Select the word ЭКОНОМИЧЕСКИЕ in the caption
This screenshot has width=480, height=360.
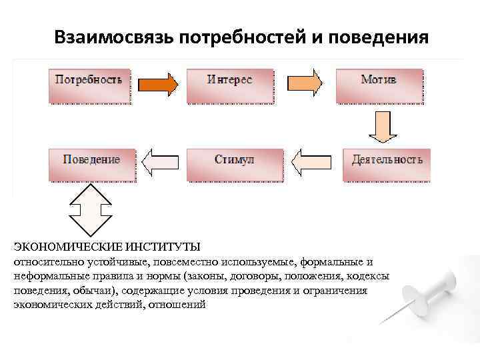[61, 247]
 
